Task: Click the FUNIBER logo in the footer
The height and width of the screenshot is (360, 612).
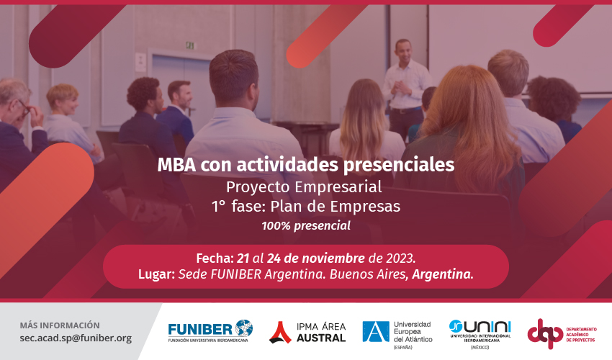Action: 210,331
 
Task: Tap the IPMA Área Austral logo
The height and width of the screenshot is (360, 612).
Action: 307,332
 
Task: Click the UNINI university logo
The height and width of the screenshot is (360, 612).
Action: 481,330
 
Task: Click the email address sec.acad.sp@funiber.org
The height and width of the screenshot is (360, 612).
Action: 76,338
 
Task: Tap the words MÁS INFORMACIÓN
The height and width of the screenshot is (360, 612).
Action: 60,325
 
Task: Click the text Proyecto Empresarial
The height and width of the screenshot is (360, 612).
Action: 306,186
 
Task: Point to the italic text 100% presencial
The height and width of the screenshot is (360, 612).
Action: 306,225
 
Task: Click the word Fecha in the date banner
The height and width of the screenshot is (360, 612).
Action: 214,258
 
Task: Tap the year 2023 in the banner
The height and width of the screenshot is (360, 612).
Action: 398,258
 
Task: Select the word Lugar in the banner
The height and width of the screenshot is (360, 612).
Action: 156,274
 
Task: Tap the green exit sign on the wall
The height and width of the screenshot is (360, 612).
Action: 189,45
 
